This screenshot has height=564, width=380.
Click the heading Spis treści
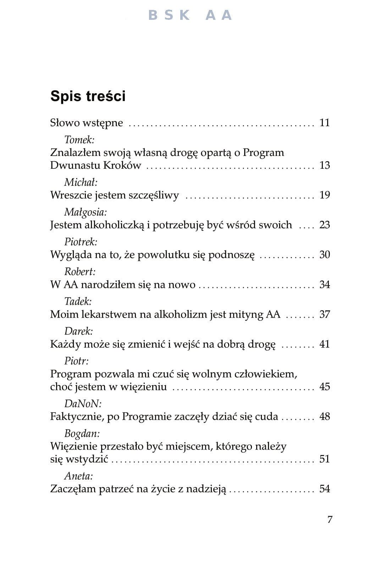click(88, 96)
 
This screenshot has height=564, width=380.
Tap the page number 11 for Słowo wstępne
click(324, 123)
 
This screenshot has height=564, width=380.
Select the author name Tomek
click(79, 140)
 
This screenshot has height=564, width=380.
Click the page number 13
click(324, 165)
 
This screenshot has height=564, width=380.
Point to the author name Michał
click(81, 182)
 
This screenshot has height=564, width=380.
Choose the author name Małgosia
click(85, 212)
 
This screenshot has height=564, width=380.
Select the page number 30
click(324, 255)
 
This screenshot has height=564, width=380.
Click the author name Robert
click(80, 272)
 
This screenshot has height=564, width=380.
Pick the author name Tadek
click(78, 301)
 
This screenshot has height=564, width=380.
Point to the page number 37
click(324, 314)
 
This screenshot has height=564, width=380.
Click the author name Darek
click(78, 331)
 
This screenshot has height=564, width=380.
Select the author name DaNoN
click(83, 403)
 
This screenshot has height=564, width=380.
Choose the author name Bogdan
click(82, 434)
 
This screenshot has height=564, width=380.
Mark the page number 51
click(324, 459)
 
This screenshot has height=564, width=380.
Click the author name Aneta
click(78, 476)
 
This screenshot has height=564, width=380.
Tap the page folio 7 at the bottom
click(330, 519)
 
